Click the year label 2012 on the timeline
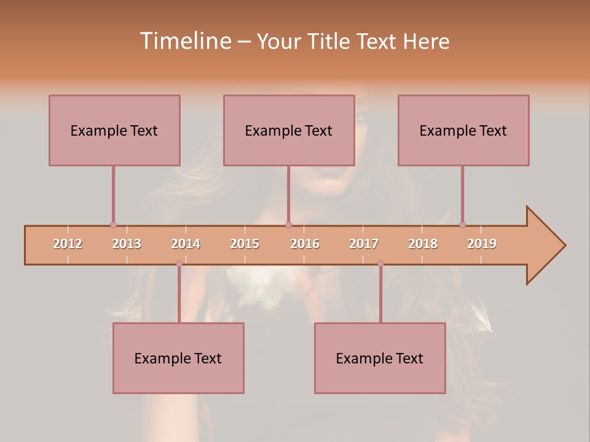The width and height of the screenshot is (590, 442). pos(68,244)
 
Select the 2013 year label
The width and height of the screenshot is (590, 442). pos(127,244)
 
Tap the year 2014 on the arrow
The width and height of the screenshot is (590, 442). pos(186,244)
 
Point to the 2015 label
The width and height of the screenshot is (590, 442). pos(245,244)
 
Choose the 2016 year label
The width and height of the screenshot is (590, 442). pos(305,244)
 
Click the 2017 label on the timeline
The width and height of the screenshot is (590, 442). pos(364,244)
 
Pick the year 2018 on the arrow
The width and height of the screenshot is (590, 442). pos(423,244)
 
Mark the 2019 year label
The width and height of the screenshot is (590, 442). pos(482,244)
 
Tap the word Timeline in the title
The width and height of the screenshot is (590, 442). pos(185,41)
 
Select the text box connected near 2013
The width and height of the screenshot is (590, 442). pos(114,130)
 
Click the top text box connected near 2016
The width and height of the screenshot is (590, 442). pos(289,130)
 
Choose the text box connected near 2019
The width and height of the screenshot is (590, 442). pos(463,130)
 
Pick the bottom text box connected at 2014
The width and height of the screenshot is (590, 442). pos(178,358)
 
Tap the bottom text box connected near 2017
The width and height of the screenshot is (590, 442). pos(380,358)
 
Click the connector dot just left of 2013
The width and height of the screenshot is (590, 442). pos(113,225)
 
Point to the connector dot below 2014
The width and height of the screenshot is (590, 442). pos(179,263)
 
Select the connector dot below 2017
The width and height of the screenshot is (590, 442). pos(380,263)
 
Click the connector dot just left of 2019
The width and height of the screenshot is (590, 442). pos(462,225)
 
